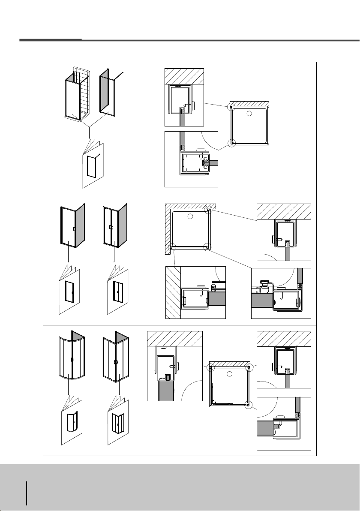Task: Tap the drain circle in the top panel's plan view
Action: (x=250, y=114)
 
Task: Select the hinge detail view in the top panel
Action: (x=192, y=159)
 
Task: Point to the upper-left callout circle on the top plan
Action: (x=232, y=107)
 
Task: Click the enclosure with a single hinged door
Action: (x=72, y=227)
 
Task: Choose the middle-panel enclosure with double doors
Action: (x=115, y=227)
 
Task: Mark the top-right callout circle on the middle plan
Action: (x=208, y=210)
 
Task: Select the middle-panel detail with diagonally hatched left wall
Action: (x=195, y=292)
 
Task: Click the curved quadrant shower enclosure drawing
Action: (x=72, y=358)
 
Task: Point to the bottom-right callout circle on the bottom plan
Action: (x=247, y=403)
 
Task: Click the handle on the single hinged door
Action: (x=74, y=229)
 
